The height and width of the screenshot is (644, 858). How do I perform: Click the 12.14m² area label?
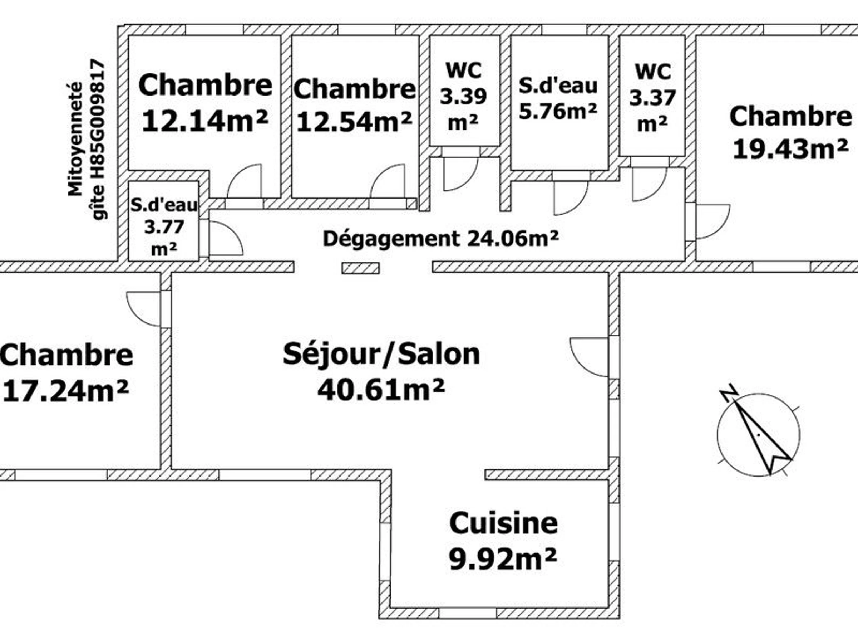(205, 121)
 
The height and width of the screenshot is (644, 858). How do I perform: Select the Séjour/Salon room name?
(381, 354)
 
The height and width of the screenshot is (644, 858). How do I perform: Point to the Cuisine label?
(503, 524)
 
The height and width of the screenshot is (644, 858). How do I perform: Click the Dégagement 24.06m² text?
(441, 238)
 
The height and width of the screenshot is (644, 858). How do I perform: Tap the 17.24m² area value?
(65, 391)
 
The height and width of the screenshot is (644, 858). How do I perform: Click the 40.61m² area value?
(381, 390)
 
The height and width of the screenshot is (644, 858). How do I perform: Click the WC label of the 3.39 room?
(464, 70)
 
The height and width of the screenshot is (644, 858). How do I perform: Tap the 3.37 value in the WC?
(652, 98)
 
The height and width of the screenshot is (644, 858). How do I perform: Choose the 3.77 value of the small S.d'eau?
(164, 227)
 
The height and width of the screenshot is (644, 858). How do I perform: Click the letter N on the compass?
(729, 392)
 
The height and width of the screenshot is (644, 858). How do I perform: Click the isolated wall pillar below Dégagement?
(360, 268)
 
